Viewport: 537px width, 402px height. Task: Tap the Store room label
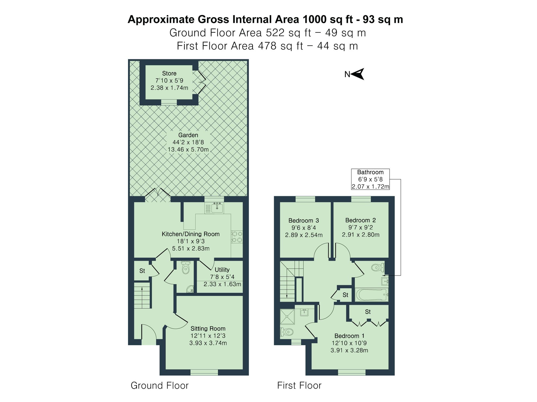pos(169,73)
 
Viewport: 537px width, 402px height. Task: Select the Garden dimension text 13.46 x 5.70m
pos(188,150)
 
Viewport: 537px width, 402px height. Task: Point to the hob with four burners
pos(237,237)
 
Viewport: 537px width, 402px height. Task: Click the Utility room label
pos(222,270)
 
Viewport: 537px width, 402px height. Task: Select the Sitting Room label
pos(208,329)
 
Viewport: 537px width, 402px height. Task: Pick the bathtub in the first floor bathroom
pos(371,295)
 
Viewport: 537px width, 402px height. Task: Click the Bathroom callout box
pos(370,179)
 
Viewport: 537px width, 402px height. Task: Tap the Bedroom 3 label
pos(303,221)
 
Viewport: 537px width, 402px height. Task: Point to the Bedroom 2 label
pos(360,220)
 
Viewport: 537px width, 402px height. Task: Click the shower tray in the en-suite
pos(287,317)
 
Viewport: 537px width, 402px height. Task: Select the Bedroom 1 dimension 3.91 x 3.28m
pos(349,350)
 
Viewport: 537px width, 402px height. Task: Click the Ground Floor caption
pos(159,385)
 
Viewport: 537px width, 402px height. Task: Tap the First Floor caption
pos(299,385)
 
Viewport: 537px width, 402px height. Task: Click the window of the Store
pos(169,102)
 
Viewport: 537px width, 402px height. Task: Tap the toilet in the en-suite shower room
pos(286,332)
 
